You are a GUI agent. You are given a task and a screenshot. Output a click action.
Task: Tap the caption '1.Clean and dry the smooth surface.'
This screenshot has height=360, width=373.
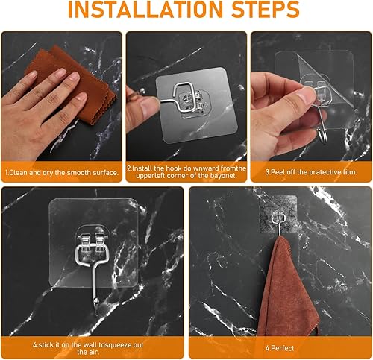[x=62, y=173]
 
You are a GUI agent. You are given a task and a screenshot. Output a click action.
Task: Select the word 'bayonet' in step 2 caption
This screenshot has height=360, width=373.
[x=216, y=177]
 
